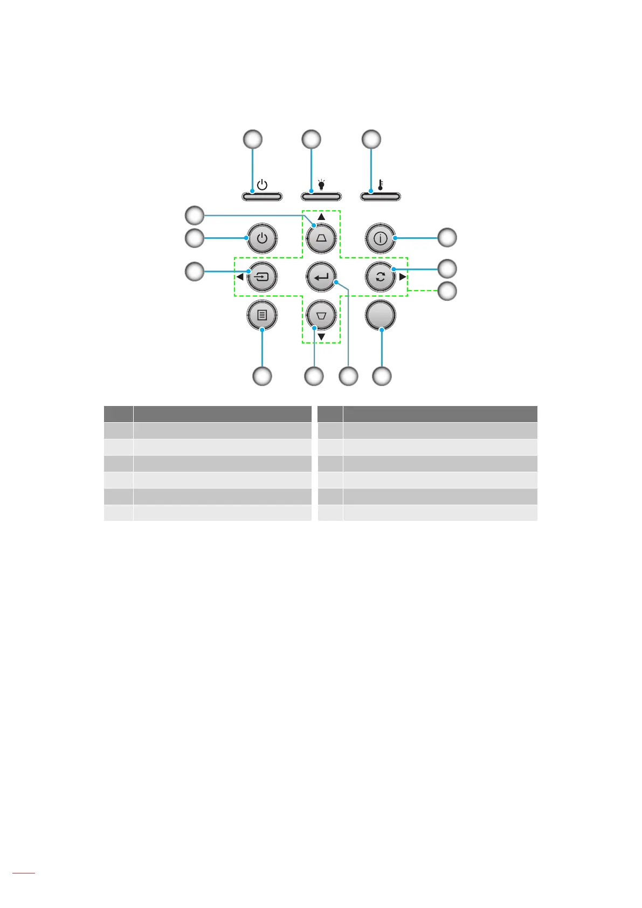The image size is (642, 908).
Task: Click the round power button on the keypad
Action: coord(262,238)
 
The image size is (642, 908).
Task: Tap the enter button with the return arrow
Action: coord(321,278)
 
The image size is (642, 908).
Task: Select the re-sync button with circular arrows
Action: coord(381,278)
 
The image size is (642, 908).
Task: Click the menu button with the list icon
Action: coord(262,316)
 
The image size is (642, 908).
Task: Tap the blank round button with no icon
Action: coord(381,316)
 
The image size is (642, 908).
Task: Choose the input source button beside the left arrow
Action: coord(262,278)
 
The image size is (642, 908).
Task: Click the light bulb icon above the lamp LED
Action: coord(321,185)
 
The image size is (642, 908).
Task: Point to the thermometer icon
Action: coord(381,185)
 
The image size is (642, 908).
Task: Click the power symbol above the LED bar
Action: coord(262,185)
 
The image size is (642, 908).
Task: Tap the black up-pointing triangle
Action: coord(321,217)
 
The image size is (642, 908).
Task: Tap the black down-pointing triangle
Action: coord(321,338)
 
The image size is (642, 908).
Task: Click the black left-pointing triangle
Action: coord(240,278)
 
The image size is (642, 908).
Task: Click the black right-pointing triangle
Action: coord(403,278)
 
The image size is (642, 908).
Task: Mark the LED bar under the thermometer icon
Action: coord(381,197)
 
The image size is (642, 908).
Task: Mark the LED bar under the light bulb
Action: coord(321,197)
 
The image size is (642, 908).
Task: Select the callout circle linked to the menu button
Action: coord(263,376)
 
